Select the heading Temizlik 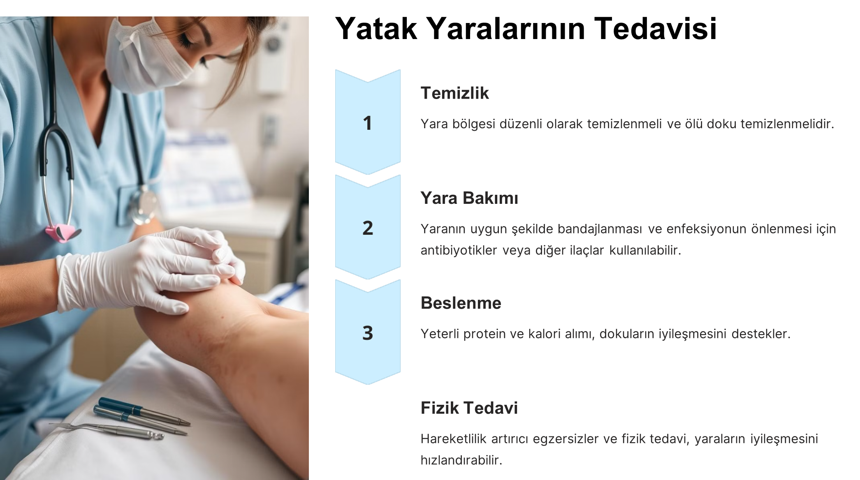454,93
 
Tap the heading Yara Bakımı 469,198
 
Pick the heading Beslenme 461,303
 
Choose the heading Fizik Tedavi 469,408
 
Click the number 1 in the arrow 368,123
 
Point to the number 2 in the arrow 368,228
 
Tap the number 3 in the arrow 368,333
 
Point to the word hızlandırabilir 461,460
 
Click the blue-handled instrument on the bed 144,411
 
